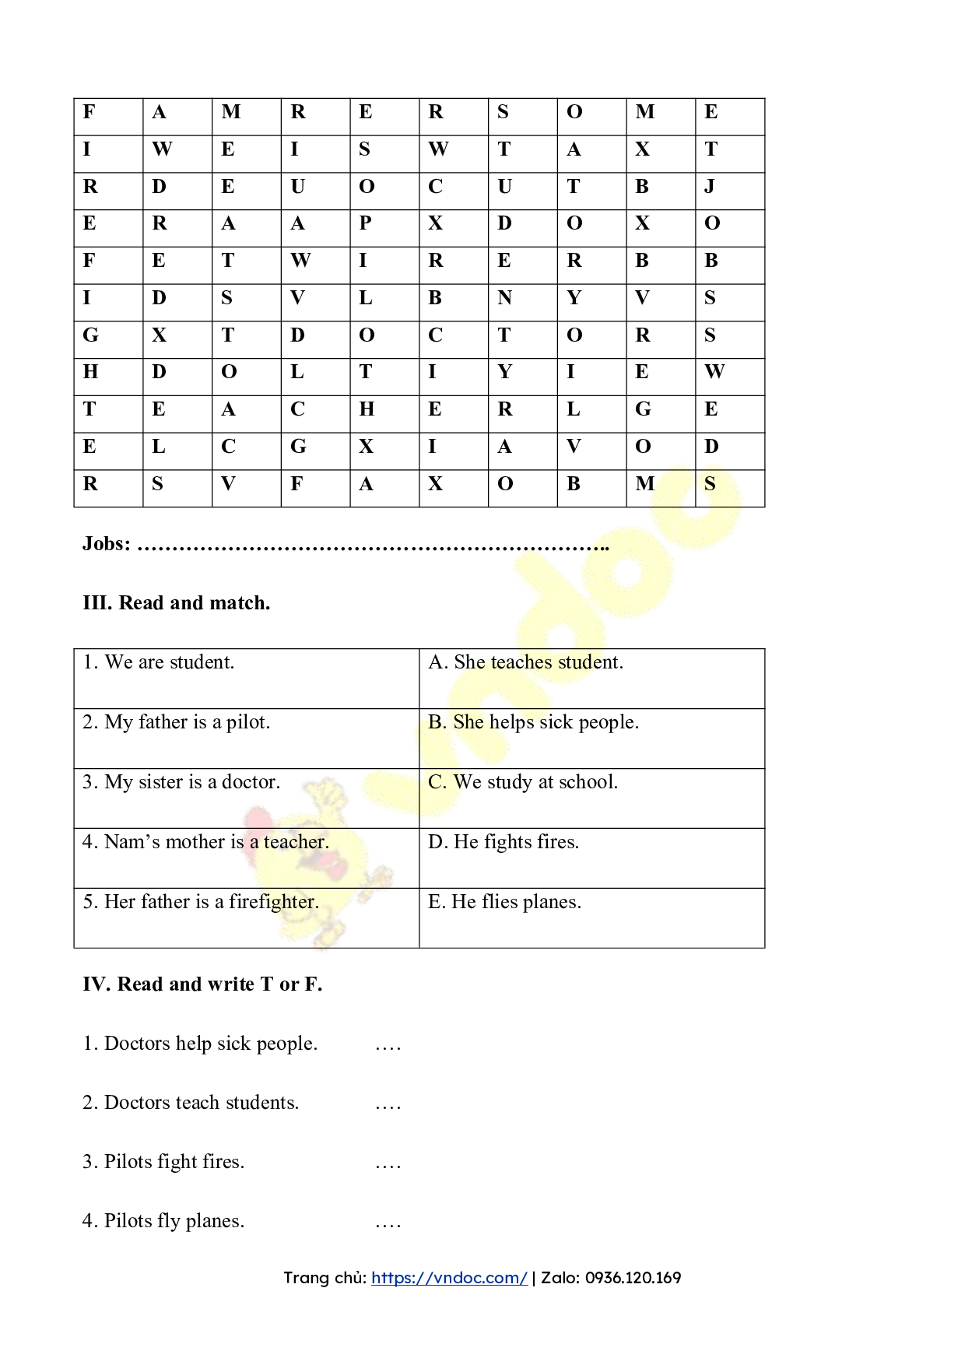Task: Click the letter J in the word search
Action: click(709, 187)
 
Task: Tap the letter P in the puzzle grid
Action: click(365, 223)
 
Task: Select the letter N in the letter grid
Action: click(504, 298)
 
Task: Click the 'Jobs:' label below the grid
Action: click(107, 543)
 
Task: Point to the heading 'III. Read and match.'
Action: click(177, 603)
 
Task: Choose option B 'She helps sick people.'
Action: click(533, 722)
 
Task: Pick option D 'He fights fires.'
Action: click(504, 842)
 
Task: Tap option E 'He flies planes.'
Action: click(504, 902)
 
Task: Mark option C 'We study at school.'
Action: click(523, 782)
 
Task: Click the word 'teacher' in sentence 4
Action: click(295, 842)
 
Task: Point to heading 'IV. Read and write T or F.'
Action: click(202, 984)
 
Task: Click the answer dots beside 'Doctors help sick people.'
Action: click(388, 1047)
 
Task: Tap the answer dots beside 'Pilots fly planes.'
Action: click(388, 1224)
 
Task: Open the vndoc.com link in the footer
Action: click(449, 1278)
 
